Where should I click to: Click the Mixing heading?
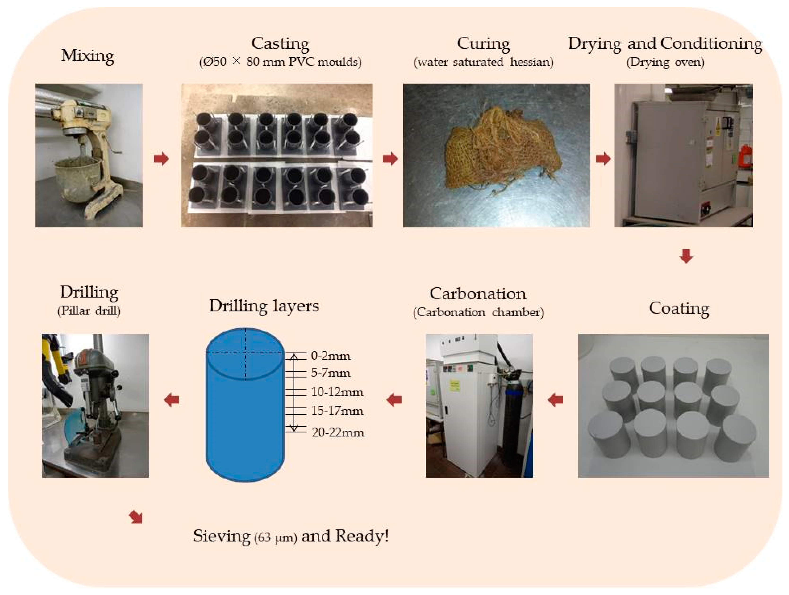click(87, 56)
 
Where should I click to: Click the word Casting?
click(280, 44)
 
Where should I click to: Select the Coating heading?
click(679, 308)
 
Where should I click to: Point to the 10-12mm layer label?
click(337, 392)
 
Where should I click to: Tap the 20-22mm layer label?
click(338, 432)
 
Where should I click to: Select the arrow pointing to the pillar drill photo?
click(172, 400)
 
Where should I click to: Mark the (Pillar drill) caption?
click(89, 310)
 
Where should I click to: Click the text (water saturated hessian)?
click(483, 62)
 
